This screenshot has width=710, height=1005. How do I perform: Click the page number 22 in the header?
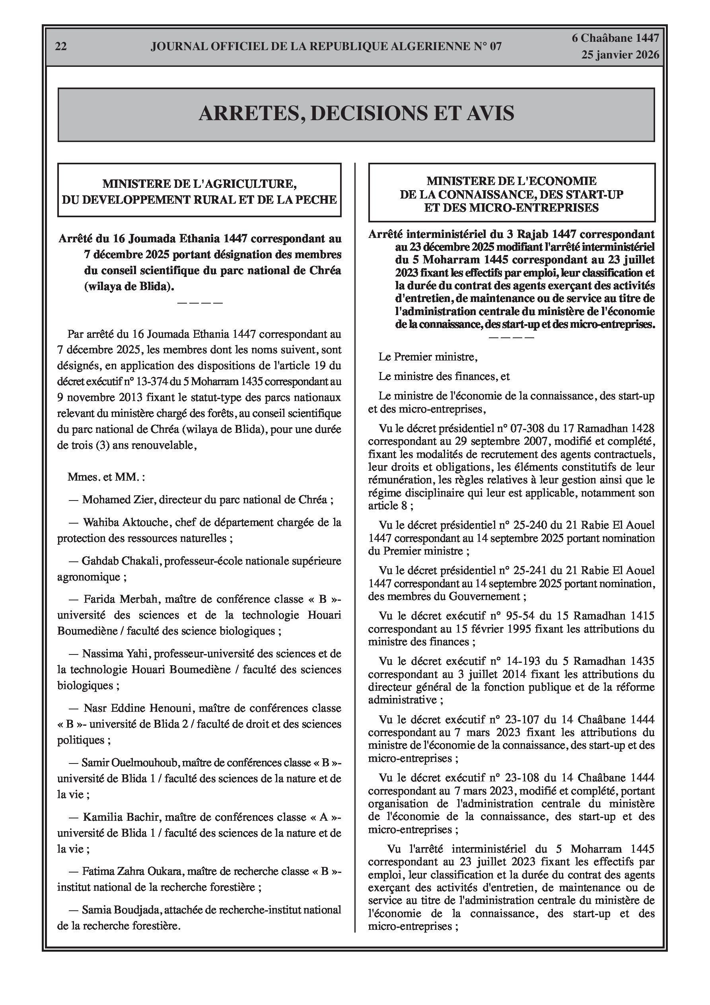point(61,47)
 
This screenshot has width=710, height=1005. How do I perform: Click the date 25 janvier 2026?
point(620,55)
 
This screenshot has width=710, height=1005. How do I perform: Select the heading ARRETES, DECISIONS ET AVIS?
point(356,113)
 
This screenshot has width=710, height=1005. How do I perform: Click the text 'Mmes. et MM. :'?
point(106,477)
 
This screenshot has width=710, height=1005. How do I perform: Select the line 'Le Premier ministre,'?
point(428,357)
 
